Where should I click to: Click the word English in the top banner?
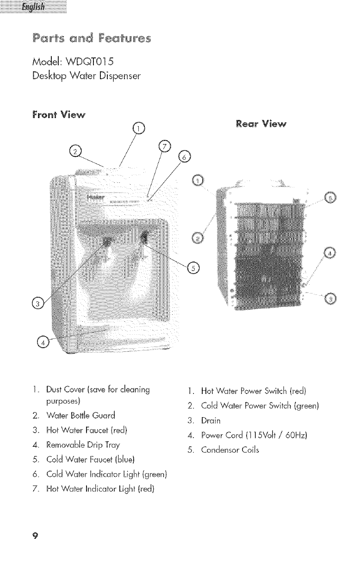point(34,8)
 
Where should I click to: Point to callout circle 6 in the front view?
point(184,157)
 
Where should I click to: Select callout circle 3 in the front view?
point(37,303)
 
